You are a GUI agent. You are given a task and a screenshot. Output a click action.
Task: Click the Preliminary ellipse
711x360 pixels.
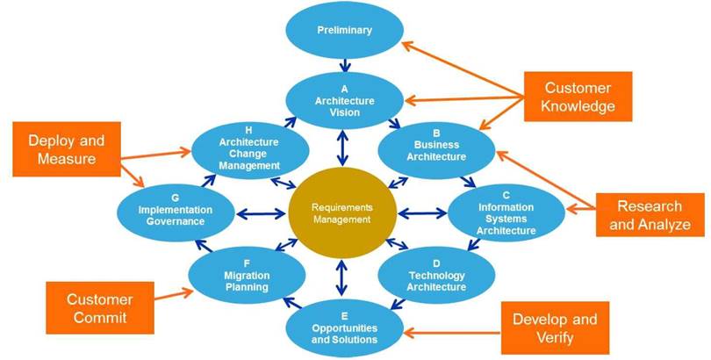344,31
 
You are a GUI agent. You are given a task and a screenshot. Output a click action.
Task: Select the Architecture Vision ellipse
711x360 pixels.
344,101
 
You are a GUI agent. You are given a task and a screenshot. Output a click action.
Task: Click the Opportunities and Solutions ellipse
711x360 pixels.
344,327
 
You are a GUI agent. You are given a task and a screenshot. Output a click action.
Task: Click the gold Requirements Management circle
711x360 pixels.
343,212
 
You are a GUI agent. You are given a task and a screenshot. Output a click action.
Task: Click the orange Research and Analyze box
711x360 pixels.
650,215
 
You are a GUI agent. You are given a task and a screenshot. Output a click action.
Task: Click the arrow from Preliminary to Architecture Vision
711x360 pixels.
344,64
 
